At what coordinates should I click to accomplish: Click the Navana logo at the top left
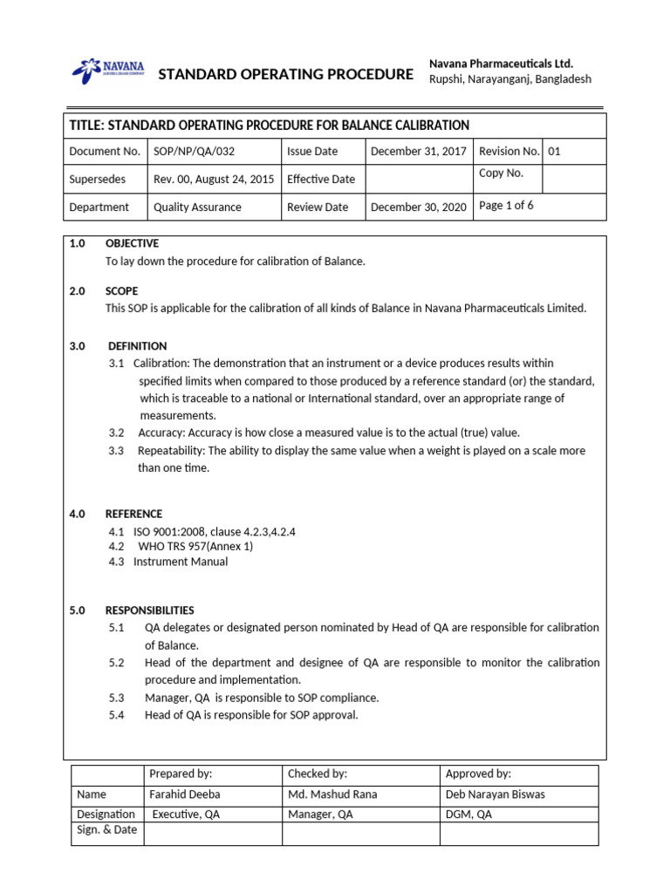(x=108, y=70)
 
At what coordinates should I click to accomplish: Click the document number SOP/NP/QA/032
(x=194, y=152)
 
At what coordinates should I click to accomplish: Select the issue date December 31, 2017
(x=418, y=152)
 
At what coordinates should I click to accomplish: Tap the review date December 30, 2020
(x=418, y=208)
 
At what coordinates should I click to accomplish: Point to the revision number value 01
(x=555, y=152)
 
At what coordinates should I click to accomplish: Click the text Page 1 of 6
(x=507, y=206)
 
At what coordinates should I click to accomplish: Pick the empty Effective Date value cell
(x=418, y=180)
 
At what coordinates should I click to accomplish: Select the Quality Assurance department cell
(x=197, y=208)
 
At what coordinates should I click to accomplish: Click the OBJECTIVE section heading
(x=132, y=244)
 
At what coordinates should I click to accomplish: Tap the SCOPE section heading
(x=121, y=291)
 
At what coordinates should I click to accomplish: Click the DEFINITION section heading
(x=137, y=346)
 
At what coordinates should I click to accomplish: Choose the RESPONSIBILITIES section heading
(x=149, y=610)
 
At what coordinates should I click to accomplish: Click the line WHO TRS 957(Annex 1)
(x=194, y=547)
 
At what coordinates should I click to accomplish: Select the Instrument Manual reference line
(x=181, y=562)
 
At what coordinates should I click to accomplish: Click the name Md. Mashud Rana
(x=332, y=794)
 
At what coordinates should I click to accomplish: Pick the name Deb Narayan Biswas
(x=495, y=794)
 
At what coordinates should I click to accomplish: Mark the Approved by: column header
(x=478, y=774)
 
